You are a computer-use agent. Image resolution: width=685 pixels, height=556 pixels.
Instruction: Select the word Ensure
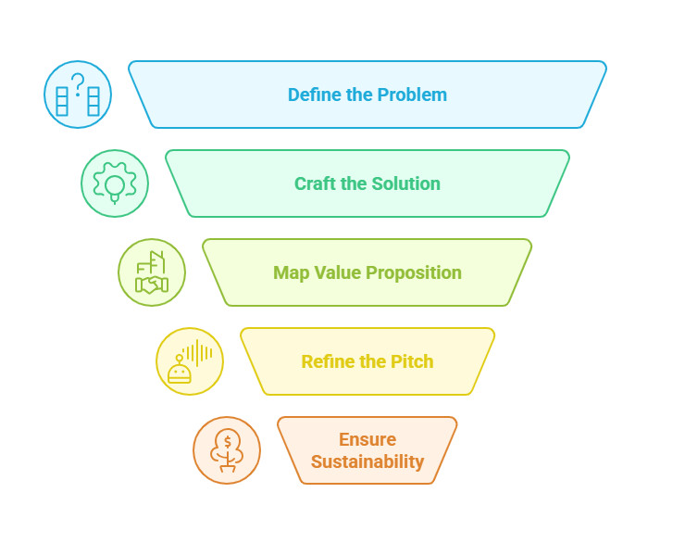(367, 439)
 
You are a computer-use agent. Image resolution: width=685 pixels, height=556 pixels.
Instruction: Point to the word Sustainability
(367, 462)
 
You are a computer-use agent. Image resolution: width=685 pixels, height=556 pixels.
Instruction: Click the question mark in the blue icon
(78, 85)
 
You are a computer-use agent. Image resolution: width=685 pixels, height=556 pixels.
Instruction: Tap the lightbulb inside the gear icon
(115, 189)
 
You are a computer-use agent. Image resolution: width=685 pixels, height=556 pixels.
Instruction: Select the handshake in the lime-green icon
(152, 284)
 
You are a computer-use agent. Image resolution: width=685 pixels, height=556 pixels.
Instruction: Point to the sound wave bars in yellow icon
(197, 352)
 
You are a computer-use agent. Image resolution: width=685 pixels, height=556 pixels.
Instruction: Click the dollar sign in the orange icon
(227, 442)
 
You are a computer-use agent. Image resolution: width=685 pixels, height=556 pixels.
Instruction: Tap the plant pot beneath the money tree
(227, 469)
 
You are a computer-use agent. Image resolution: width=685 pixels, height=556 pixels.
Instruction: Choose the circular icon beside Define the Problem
(78, 95)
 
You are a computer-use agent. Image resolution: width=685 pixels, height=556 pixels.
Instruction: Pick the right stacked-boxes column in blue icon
(93, 102)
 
